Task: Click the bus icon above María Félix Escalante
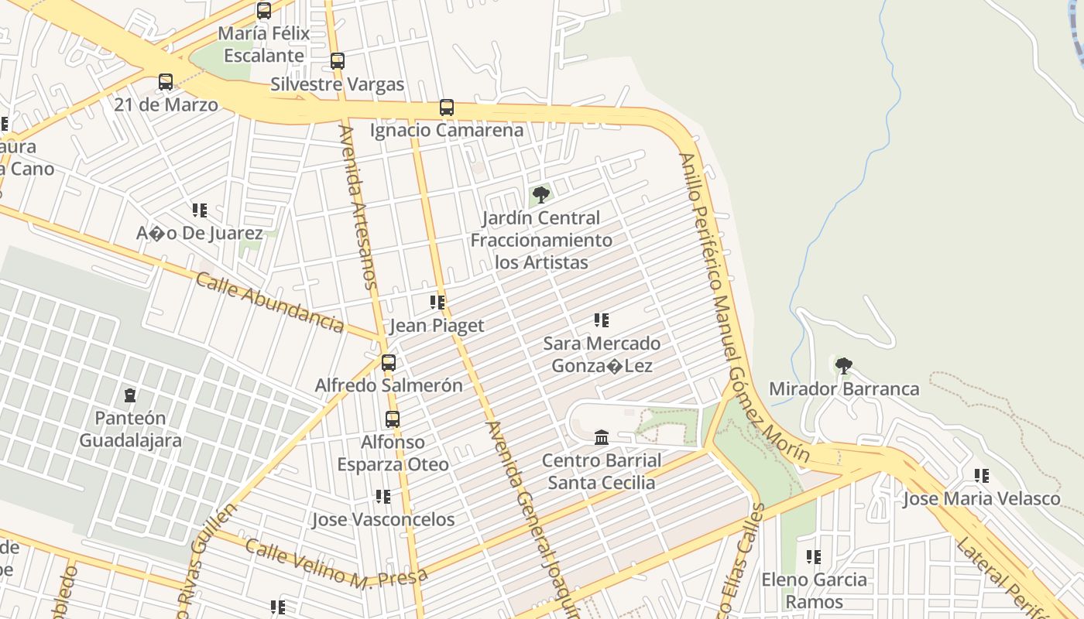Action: (264, 11)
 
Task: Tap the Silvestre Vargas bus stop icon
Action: (338, 61)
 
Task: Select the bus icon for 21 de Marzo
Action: (166, 81)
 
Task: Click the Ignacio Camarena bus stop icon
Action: (447, 108)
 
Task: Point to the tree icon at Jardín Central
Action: (541, 195)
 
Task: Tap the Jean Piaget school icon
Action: (437, 303)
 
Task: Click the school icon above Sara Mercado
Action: (602, 320)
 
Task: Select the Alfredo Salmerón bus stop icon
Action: (389, 362)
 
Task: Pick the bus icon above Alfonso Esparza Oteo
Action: (393, 419)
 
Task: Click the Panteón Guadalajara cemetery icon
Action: (130, 395)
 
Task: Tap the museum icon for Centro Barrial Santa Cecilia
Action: (602, 438)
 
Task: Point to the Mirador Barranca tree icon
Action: (844, 365)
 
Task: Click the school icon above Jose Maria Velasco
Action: (982, 476)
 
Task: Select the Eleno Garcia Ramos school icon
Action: (814, 557)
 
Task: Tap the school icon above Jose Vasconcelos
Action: (383, 497)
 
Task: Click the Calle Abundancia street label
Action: (269, 302)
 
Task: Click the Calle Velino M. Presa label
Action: (336, 563)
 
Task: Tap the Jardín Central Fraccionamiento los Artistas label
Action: (541, 240)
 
